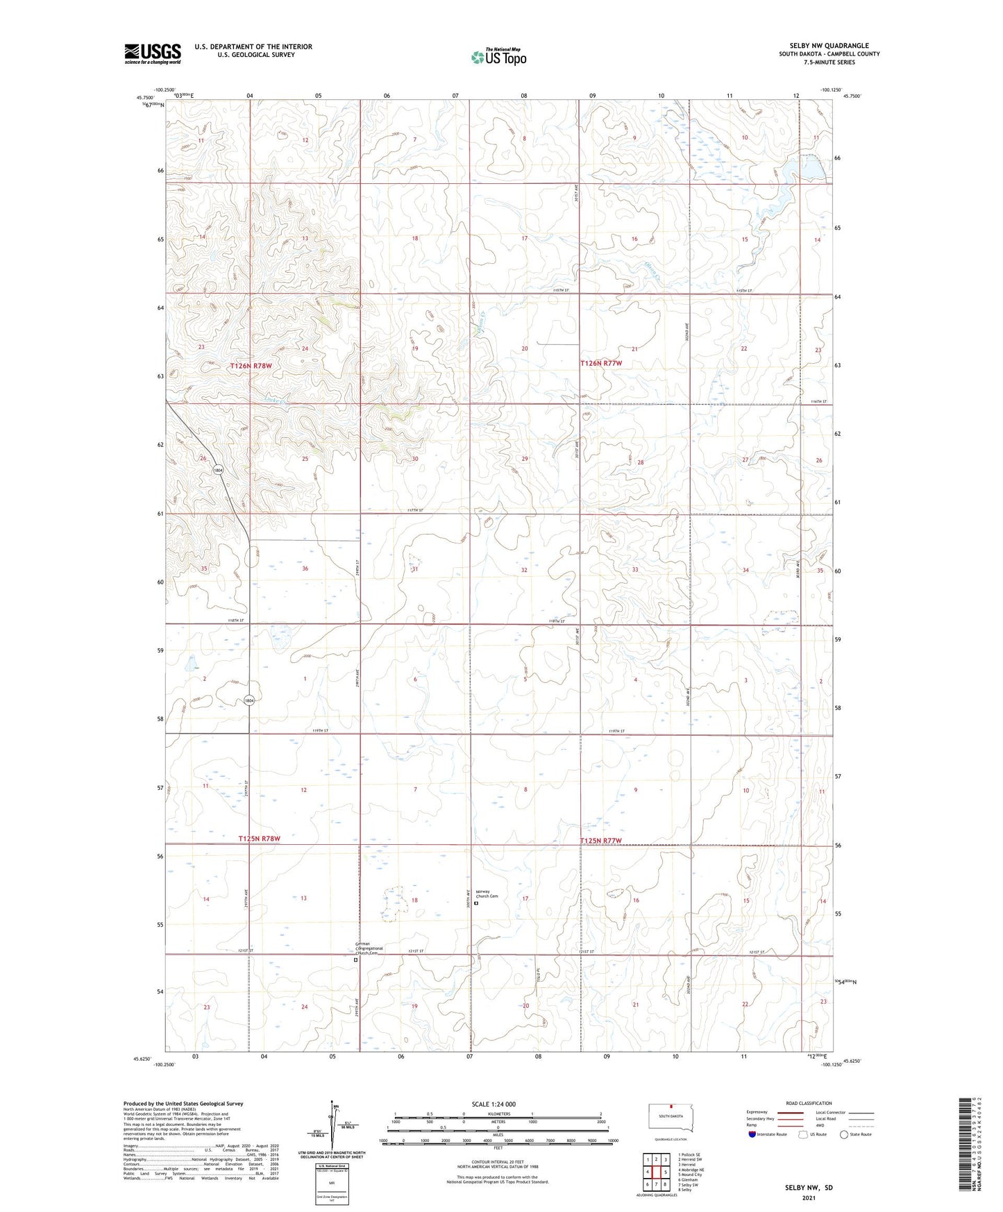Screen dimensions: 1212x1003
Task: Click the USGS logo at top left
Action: [153, 53]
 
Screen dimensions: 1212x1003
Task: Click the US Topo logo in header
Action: [498, 57]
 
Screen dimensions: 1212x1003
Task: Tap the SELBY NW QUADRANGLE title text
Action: [829, 46]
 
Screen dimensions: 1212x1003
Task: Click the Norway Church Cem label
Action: [486, 894]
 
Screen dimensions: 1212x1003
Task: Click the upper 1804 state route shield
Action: [218, 470]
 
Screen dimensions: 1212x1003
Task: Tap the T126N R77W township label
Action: [601, 363]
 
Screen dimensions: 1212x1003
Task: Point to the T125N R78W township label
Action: [260, 839]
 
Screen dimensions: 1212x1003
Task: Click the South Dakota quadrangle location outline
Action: [670, 1118]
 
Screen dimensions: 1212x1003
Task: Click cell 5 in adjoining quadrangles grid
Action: [665, 1172]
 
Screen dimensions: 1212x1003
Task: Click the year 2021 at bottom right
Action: [809, 1198]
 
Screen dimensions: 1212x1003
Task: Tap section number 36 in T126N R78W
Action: [305, 569]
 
